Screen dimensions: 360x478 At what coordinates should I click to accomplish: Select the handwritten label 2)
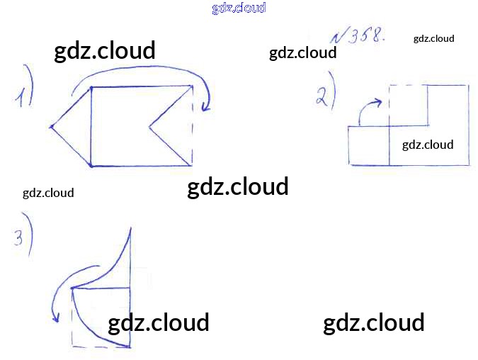[x=325, y=92]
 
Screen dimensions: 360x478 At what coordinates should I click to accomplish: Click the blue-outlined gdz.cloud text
[x=239, y=9]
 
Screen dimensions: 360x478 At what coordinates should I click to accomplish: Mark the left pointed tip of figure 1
[x=51, y=128]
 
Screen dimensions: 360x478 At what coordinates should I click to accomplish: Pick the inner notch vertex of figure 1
[x=149, y=128]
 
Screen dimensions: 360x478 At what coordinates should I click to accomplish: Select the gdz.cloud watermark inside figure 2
[x=428, y=145]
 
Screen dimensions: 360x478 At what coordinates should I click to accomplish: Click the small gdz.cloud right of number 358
[x=433, y=38]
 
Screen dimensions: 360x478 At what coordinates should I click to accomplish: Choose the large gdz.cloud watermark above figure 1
[x=105, y=51]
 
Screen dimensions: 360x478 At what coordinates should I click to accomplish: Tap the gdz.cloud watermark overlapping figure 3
[x=159, y=322]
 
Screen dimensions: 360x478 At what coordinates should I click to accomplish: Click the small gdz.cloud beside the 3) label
[x=48, y=192]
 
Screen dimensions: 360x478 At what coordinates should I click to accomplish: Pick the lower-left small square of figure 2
[x=368, y=145]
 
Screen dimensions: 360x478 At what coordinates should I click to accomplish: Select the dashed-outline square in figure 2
[x=407, y=105]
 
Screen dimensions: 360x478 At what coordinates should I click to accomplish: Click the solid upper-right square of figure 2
[x=448, y=105]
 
